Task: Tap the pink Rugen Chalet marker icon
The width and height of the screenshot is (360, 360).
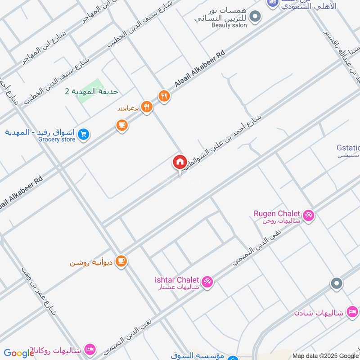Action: point(309,216)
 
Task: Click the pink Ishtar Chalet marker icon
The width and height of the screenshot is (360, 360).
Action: point(207,282)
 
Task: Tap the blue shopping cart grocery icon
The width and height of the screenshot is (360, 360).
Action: point(83,134)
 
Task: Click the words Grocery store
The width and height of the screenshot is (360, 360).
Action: point(56,139)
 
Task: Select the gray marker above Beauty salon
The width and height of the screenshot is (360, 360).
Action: point(255,17)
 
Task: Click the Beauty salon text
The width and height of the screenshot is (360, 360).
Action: point(229,26)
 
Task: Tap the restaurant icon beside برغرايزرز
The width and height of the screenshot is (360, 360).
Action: point(147,107)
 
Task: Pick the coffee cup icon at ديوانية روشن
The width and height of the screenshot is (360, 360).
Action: point(121,261)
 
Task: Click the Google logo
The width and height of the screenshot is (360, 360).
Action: point(18,353)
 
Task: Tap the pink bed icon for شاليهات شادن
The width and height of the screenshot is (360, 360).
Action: point(352,312)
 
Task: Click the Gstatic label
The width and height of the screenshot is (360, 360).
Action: point(348,148)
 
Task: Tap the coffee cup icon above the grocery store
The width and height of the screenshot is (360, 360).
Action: point(121,126)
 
